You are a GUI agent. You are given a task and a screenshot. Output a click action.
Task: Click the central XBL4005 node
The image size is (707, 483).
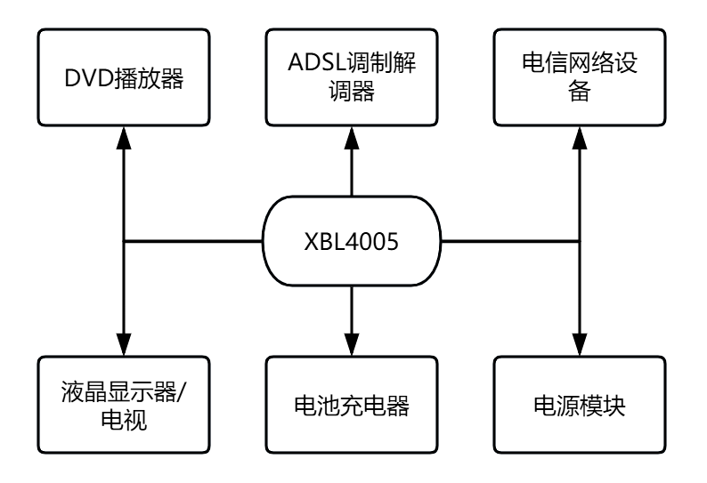coord(353,241)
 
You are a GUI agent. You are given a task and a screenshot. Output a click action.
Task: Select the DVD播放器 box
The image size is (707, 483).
coord(124,78)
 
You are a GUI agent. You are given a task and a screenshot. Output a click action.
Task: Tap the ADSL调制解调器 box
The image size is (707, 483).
coord(353,78)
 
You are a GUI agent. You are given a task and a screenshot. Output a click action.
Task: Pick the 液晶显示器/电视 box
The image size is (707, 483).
coord(124,405)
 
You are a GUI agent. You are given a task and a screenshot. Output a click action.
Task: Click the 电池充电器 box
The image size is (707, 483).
coord(353,405)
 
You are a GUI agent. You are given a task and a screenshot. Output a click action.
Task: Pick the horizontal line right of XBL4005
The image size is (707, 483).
coord(513,241)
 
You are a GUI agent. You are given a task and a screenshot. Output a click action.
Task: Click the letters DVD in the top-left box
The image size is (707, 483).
coord(86,78)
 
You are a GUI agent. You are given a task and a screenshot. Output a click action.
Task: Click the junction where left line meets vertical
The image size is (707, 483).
coord(124,241)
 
